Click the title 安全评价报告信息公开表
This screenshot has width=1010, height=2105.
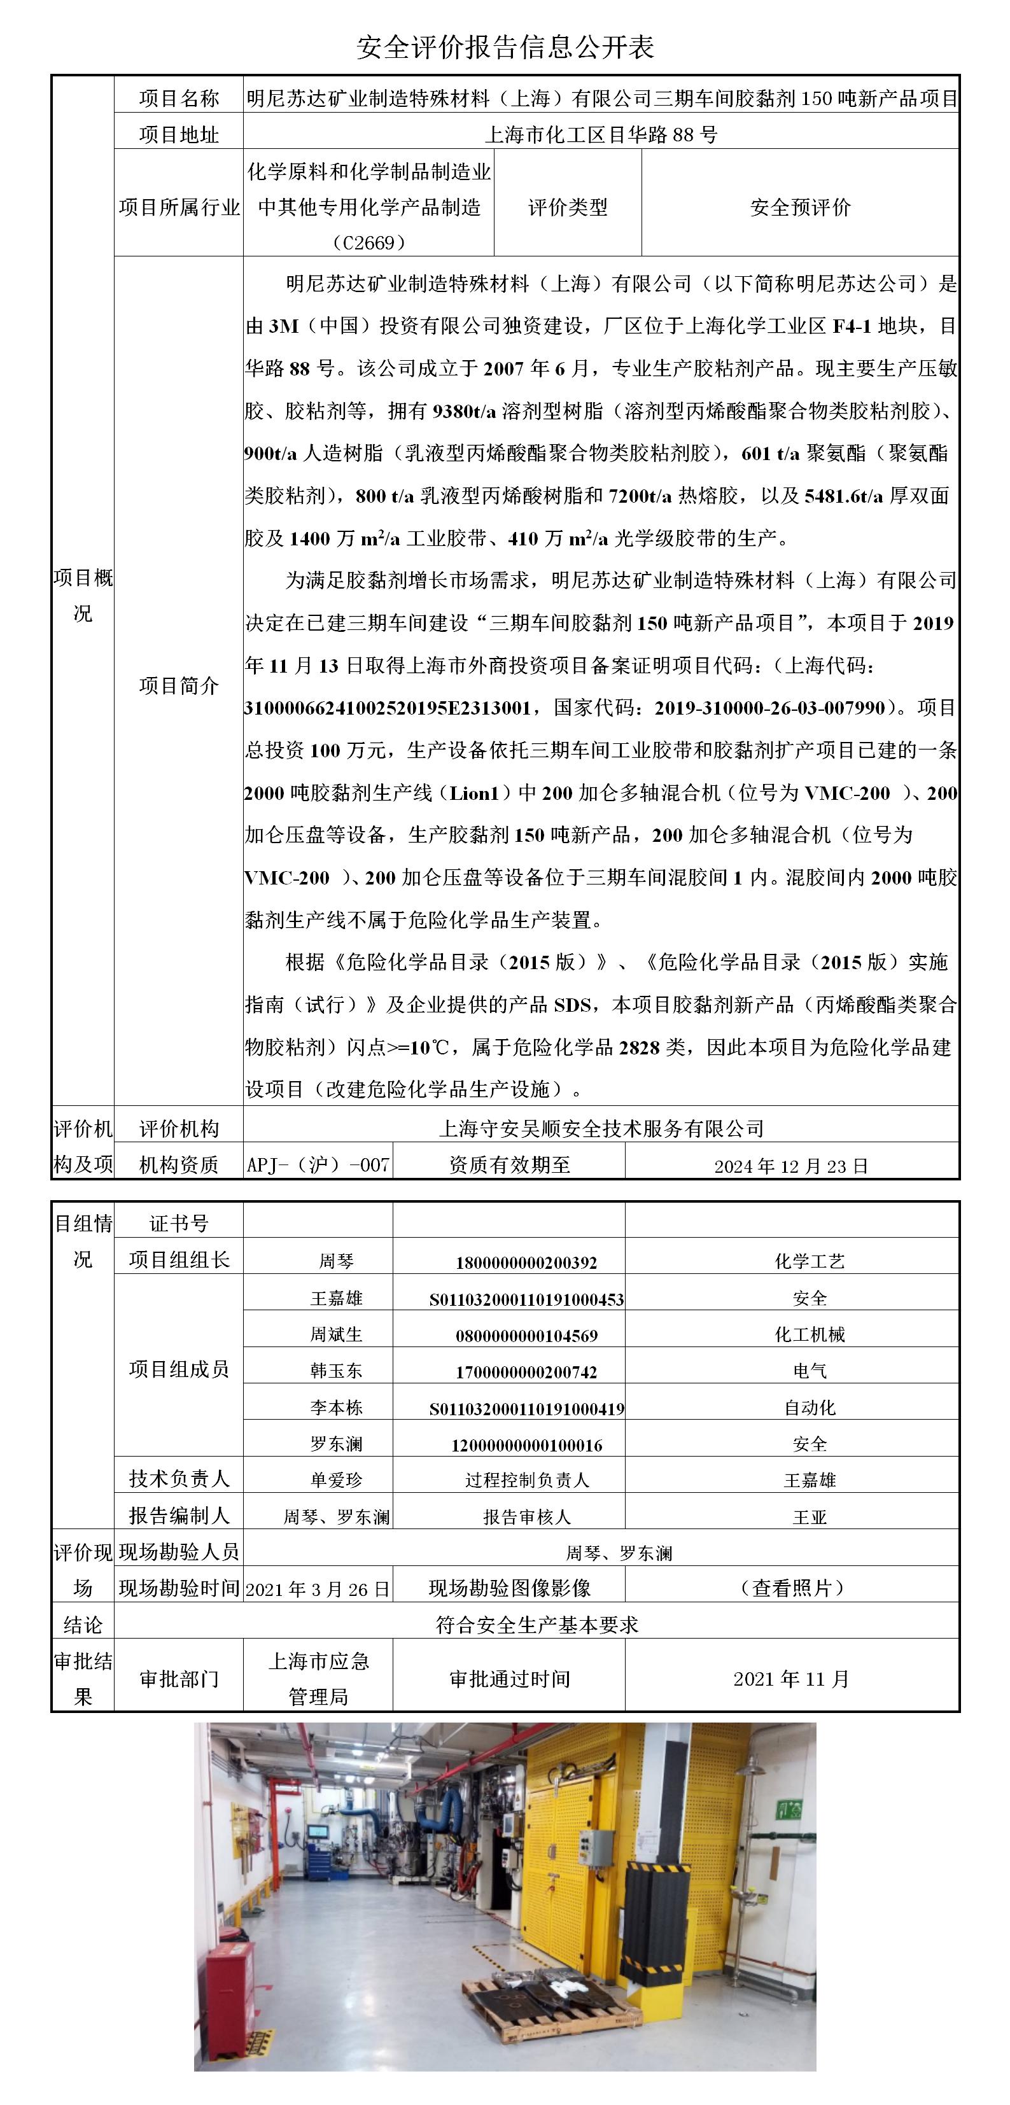tap(505, 46)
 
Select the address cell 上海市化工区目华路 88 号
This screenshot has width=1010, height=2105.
tap(601, 134)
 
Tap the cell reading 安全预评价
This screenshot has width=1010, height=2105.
tap(800, 207)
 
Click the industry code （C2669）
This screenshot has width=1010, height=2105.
tap(369, 242)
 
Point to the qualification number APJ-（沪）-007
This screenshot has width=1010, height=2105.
tap(318, 1164)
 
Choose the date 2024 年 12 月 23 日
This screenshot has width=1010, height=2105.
tap(790, 1166)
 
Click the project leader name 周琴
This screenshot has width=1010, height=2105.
tap(336, 1261)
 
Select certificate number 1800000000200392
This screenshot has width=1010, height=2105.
tap(526, 1262)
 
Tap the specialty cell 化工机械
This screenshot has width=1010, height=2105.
tap(809, 1334)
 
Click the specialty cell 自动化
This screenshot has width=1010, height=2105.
tap(809, 1407)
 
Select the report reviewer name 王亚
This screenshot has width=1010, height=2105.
tap(809, 1516)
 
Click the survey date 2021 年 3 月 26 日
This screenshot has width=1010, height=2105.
tap(318, 1588)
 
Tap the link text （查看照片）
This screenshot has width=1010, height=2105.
tap(792, 1588)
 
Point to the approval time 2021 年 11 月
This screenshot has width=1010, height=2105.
tap(791, 1679)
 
